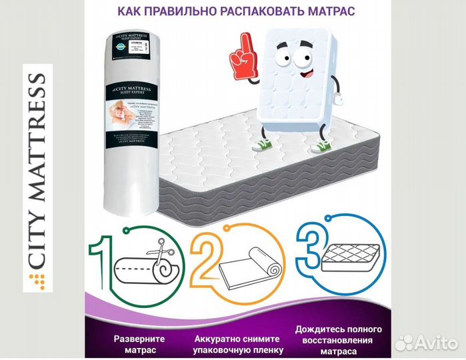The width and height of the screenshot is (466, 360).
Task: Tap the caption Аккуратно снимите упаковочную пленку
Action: coord(237,343)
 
